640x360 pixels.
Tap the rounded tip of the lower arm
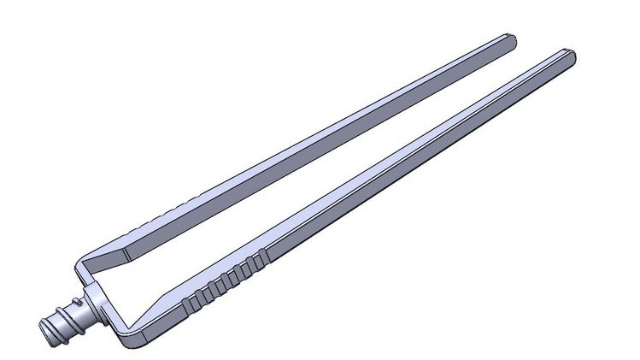point(569,56)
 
